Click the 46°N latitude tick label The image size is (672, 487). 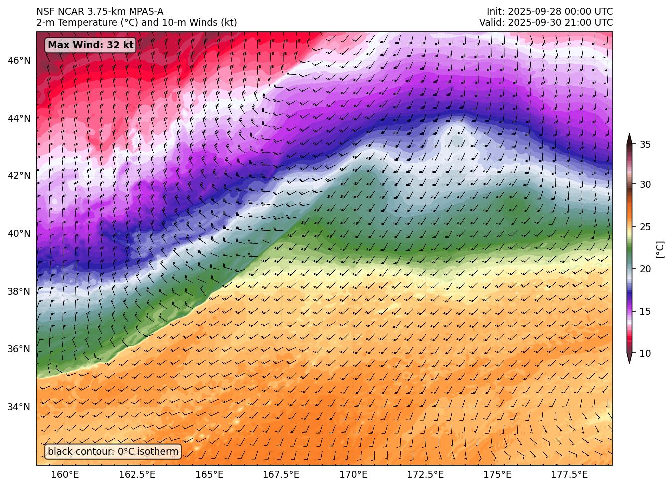pyautogui.click(x=19, y=61)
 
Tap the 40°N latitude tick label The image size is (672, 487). pyautogui.click(x=19, y=234)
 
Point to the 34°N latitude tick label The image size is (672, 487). pyautogui.click(x=19, y=407)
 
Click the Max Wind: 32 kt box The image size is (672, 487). pyautogui.click(x=91, y=45)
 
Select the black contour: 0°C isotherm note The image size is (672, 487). pyautogui.click(x=113, y=452)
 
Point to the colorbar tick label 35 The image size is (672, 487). pyautogui.click(x=645, y=145)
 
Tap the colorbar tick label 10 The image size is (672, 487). pyautogui.click(x=645, y=354)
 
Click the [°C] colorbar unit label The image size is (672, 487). pyautogui.click(x=660, y=249)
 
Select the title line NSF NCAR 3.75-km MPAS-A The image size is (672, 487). pyautogui.click(x=100, y=12)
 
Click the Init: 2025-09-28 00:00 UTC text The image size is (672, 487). pyautogui.click(x=549, y=12)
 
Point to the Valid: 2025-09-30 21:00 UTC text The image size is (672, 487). pyautogui.click(x=546, y=23)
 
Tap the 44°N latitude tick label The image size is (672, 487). pyautogui.click(x=19, y=119)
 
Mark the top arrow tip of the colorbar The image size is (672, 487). pyautogui.click(x=629, y=135)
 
